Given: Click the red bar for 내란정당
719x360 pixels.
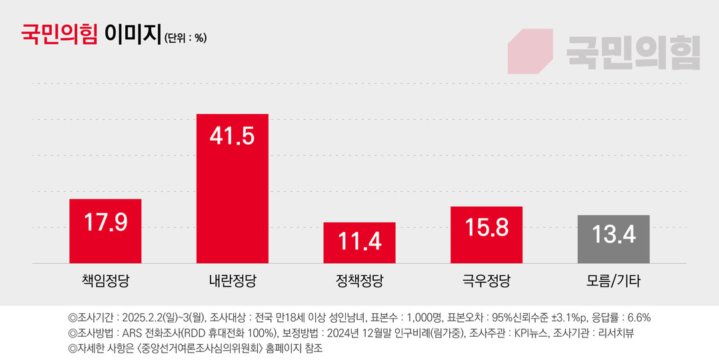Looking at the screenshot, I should pos(232,193).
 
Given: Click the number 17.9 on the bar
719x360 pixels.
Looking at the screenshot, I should pos(105,221).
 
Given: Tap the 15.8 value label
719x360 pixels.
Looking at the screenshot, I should pos(486,227).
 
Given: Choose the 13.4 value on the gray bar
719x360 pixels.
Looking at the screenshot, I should pos(613,234).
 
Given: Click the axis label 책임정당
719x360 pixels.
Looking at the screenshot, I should pos(105,281).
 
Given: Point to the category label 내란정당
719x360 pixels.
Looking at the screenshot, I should pos(232,281).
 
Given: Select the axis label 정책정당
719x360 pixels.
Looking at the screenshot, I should pos(359,281).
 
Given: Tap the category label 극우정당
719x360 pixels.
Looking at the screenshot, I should pos(486,281).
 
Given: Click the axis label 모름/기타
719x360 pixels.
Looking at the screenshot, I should pos(613,281).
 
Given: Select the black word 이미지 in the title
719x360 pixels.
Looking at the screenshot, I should pos(133,33).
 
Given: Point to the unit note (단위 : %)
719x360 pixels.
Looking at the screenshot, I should pos(185,38).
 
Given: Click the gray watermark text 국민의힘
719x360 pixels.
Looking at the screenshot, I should pos(633,52).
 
